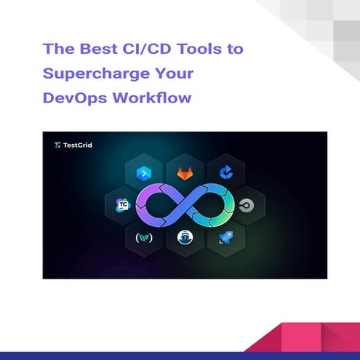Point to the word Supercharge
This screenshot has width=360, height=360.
(100, 73)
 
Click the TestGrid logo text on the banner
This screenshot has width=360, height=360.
(73, 145)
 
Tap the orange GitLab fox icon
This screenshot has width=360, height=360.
(184, 174)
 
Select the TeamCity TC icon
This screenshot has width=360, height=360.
(121, 204)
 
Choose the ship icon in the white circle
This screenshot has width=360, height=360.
(183, 236)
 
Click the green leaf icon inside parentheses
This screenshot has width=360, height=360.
(142, 236)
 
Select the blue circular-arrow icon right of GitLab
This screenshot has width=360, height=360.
(225, 174)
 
